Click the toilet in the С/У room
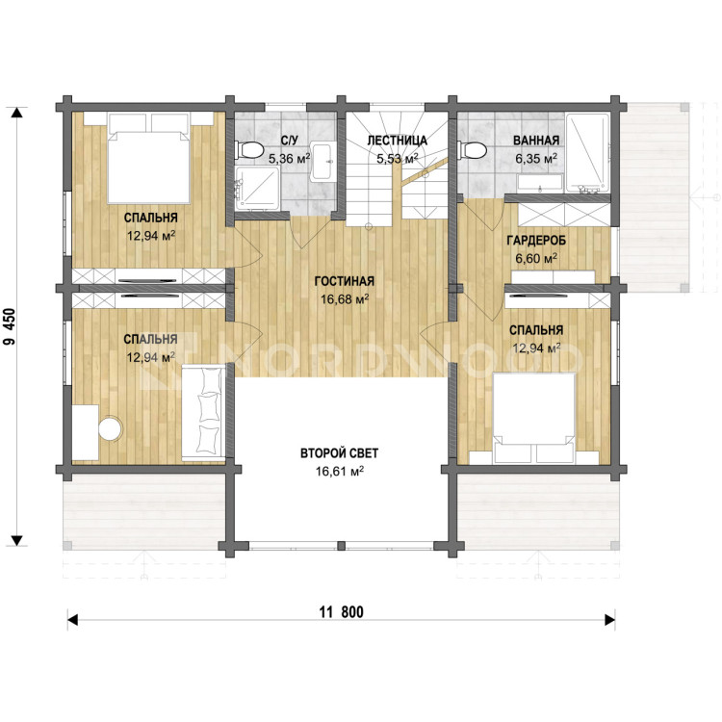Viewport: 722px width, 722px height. pyautogui.click(x=248, y=150)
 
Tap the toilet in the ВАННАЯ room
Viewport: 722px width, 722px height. pyautogui.click(x=473, y=150)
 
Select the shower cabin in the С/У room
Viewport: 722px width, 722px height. pyautogui.click(x=257, y=188)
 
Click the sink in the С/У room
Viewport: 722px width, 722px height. pyautogui.click(x=323, y=161)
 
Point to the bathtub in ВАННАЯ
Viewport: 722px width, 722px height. pyautogui.click(x=587, y=153)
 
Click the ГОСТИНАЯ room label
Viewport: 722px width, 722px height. pyautogui.click(x=345, y=281)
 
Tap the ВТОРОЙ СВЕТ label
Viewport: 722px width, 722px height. pyautogui.click(x=340, y=453)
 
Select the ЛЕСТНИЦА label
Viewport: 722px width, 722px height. pyautogui.click(x=397, y=140)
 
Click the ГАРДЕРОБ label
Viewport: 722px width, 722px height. pyautogui.click(x=536, y=241)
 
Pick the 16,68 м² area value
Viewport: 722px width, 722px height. pyautogui.click(x=345, y=299)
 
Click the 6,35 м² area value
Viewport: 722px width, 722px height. pyautogui.click(x=536, y=159)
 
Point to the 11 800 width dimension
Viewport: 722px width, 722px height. pyautogui.click(x=341, y=612)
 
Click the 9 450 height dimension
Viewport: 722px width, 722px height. pyautogui.click(x=10, y=326)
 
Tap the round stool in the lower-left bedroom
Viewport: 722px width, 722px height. pyautogui.click(x=111, y=428)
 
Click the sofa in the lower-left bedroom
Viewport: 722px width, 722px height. pyautogui.click(x=203, y=413)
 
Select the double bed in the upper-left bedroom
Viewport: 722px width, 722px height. pyautogui.click(x=149, y=158)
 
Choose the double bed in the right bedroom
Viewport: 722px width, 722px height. pyautogui.click(x=533, y=418)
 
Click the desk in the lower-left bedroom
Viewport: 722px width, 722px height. pyautogui.click(x=86, y=432)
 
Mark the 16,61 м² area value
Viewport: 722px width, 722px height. pyautogui.click(x=340, y=472)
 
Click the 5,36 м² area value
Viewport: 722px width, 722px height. pyautogui.click(x=289, y=159)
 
